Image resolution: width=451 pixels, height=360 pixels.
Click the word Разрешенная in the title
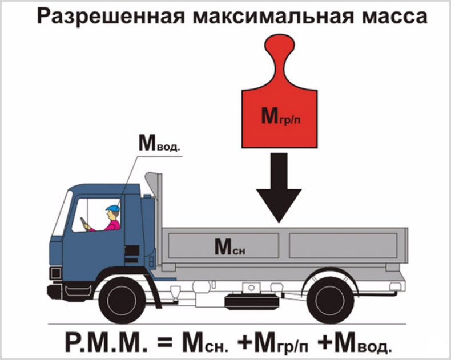[102, 17]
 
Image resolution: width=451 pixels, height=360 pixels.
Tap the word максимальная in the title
[264, 17]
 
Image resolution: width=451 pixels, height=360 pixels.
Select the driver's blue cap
[112, 208]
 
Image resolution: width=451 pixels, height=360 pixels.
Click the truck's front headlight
[55, 273]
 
